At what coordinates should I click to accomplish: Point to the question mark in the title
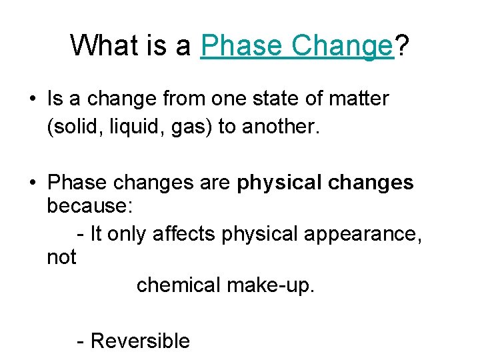402,46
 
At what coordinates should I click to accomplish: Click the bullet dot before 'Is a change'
32,100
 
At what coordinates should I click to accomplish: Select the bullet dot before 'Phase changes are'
32,183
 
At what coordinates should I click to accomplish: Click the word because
89,207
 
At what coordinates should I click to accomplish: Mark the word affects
183,233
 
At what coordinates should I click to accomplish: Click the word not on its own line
61,257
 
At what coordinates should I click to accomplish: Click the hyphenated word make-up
270,285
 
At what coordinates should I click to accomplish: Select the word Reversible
140,341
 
